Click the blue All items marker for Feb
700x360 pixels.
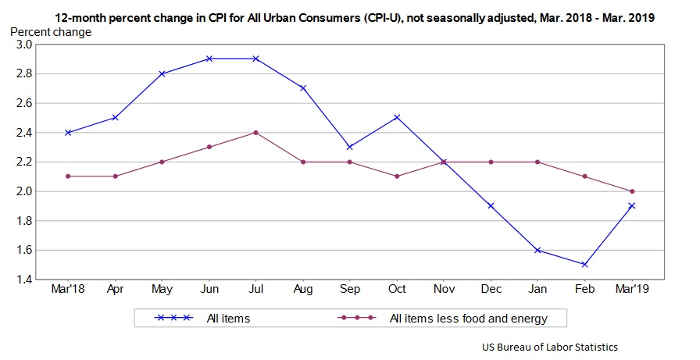584,265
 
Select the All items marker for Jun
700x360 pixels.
209,59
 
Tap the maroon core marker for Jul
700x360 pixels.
255,132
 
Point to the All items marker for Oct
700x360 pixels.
397,117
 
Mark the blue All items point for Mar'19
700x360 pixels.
631,205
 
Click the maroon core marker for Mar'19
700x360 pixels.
631,191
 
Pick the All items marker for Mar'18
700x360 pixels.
68,132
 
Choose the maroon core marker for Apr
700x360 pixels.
115,176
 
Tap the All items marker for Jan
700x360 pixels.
537,250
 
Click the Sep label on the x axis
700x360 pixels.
350,290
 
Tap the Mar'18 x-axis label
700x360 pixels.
68,290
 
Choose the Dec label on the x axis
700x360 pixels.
491,290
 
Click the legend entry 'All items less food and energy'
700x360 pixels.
466,318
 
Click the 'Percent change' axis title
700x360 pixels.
50,32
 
